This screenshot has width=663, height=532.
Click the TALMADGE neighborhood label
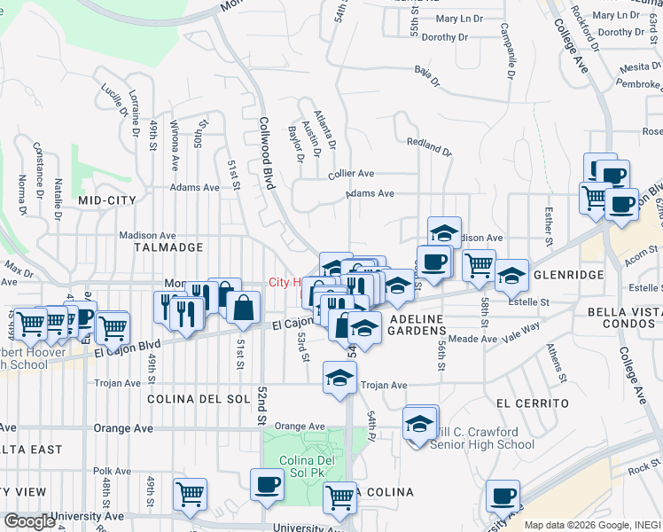tap(168, 247)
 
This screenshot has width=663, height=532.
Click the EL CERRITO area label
tap(532, 403)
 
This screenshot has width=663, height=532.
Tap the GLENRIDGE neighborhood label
tap(569, 275)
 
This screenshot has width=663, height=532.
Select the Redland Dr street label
tap(429, 146)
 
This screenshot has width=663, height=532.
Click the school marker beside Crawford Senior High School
tap(420, 422)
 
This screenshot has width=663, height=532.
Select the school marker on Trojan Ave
tap(339, 377)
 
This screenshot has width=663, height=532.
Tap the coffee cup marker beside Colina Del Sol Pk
tap(267, 484)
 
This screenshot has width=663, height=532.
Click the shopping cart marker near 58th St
tap(479, 263)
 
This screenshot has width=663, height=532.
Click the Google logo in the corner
tap(28, 521)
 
